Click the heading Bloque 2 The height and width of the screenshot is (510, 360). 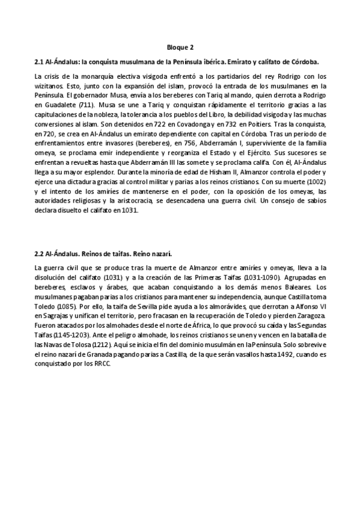[x=180, y=46]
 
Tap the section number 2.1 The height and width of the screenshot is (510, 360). [x=40, y=62]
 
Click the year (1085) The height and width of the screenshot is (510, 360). [x=64, y=306]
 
